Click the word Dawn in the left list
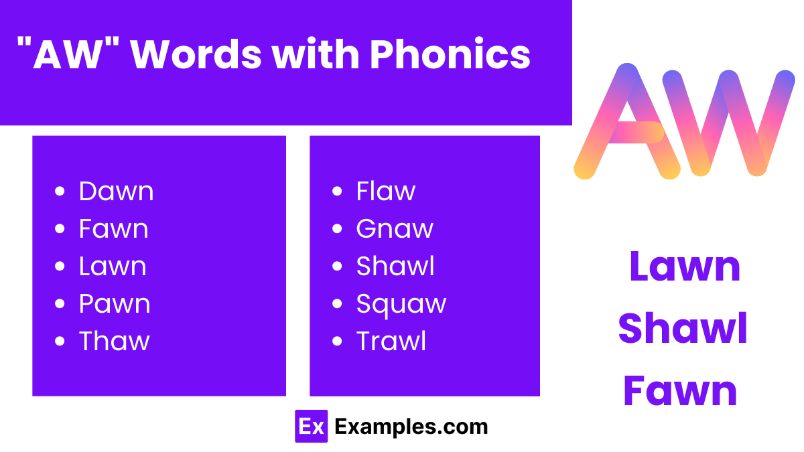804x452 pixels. [116, 192]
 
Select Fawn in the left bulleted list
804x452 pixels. [113, 229]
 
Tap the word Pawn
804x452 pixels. [115, 304]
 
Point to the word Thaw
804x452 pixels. [114, 342]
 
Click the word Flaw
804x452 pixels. [385, 192]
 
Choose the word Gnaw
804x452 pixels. [395, 230]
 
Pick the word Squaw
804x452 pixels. [401, 304]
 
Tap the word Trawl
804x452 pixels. [391, 342]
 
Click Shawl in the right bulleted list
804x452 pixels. [395, 267]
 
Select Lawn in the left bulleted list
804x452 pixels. [112, 267]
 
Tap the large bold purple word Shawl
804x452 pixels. [683, 329]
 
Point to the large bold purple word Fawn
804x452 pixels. [681, 391]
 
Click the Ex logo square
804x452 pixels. [311, 427]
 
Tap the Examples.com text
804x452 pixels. [411, 427]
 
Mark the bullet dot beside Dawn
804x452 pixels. [60, 192]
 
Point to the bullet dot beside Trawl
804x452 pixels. [337, 342]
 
